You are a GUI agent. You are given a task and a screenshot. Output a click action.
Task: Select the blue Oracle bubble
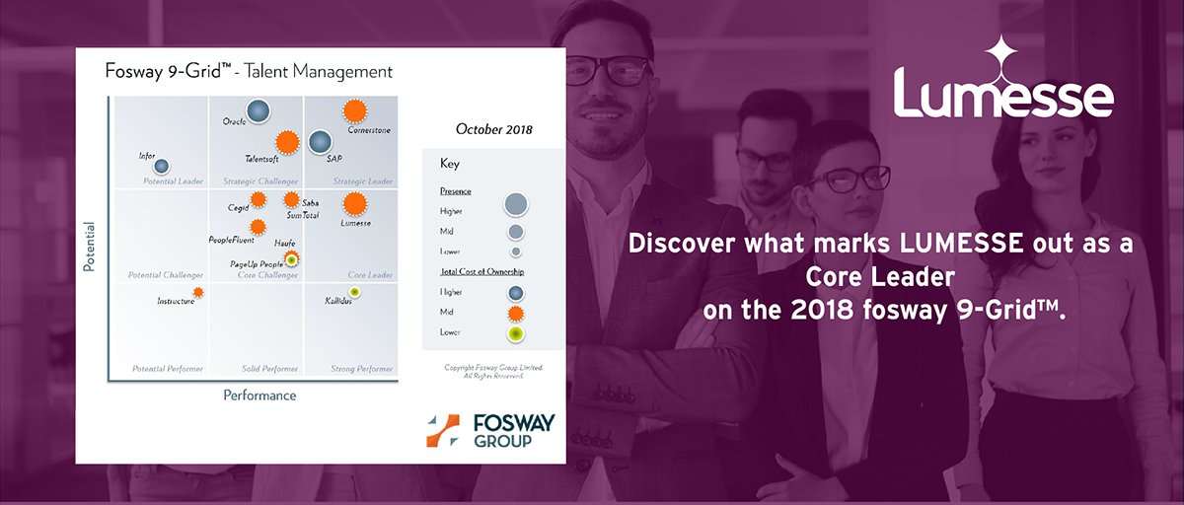point(259,112)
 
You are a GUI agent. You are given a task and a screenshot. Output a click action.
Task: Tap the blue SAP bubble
point(320,142)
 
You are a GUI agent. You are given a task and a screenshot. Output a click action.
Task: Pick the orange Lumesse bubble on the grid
point(354,204)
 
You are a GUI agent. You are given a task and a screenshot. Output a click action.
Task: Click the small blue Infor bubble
point(161,167)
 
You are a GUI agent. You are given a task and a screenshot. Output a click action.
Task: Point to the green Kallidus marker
point(354,292)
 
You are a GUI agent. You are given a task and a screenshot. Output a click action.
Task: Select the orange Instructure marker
point(198,292)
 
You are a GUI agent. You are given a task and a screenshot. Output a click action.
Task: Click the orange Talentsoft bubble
point(286,143)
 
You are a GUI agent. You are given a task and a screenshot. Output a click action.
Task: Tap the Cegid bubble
point(259,199)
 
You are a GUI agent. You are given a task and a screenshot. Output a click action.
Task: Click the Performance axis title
point(259,396)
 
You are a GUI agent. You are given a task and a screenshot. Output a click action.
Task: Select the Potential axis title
point(89,246)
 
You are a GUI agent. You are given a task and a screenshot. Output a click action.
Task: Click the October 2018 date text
point(493,129)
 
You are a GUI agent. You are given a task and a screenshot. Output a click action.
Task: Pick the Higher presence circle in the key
point(515,204)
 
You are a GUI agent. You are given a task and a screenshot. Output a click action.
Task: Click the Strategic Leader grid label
point(363,181)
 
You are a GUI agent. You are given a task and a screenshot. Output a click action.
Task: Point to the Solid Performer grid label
point(269,369)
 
